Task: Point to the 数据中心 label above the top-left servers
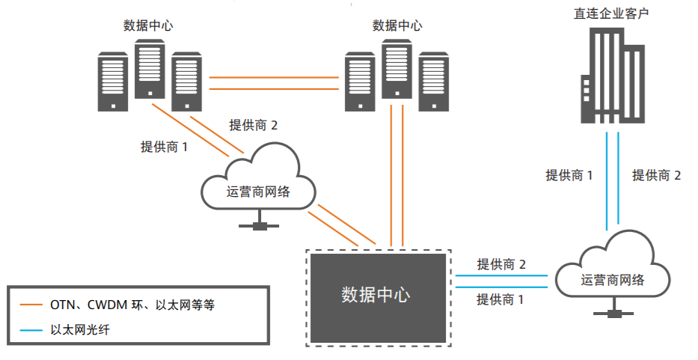pyautogui.click(x=148, y=25)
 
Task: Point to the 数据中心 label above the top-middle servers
pyautogui.click(x=397, y=25)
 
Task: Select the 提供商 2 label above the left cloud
pyautogui.click(x=254, y=125)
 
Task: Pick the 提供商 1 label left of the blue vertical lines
pyautogui.click(x=569, y=175)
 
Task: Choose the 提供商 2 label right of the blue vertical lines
pyautogui.click(x=656, y=175)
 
